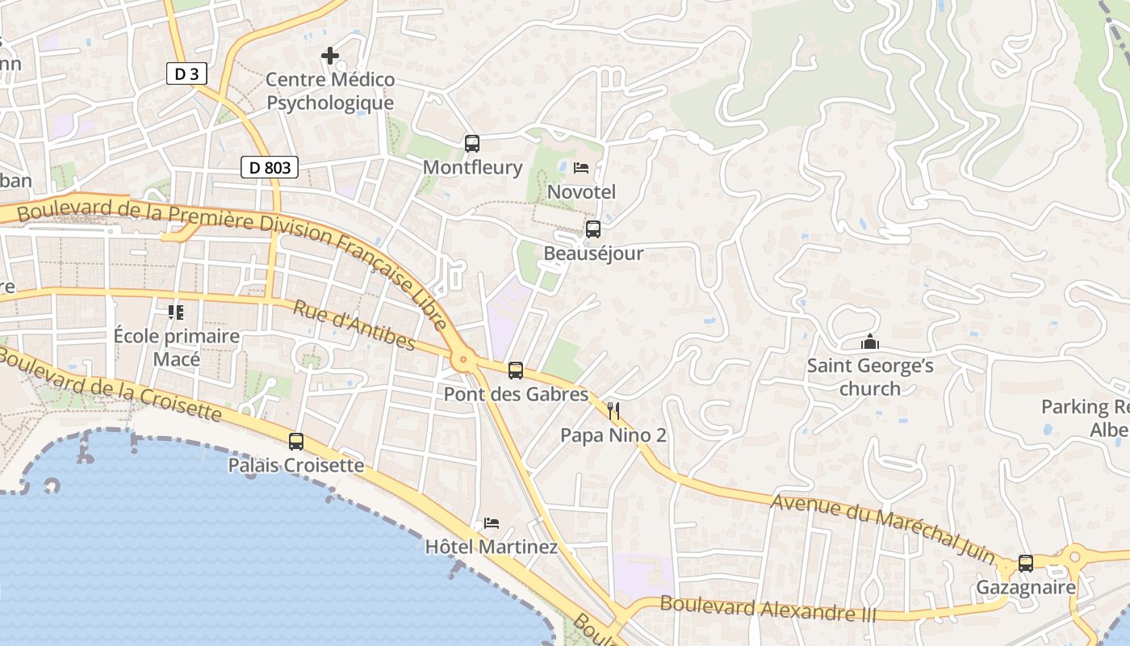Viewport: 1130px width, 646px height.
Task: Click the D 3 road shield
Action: click(x=186, y=74)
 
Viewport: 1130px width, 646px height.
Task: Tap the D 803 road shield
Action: click(x=270, y=168)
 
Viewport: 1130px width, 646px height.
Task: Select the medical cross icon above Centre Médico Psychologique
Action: click(x=330, y=56)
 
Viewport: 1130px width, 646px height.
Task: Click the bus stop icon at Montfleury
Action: click(x=472, y=144)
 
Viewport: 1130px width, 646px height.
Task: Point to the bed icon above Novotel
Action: click(x=581, y=168)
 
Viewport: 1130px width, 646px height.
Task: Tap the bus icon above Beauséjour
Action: click(x=593, y=229)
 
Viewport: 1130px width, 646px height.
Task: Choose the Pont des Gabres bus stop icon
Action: click(x=516, y=371)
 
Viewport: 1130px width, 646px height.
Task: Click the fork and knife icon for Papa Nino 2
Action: click(x=613, y=411)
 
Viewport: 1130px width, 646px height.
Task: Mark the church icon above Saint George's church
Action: click(x=870, y=342)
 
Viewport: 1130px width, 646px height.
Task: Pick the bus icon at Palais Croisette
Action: click(x=296, y=442)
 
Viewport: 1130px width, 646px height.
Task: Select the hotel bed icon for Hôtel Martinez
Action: click(x=492, y=523)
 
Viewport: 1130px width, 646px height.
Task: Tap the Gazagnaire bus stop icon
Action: click(x=1026, y=563)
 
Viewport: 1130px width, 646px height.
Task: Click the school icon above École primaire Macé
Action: click(x=176, y=312)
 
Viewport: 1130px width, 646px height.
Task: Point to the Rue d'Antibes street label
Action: click(x=354, y=325)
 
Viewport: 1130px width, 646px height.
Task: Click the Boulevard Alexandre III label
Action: click(x=768, y=608)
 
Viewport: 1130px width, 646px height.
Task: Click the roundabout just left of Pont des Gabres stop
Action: click(x=463, y=361)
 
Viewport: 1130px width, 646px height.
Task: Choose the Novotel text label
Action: click(x=581, y=191)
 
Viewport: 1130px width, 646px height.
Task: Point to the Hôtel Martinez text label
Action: click(x=492, y=547)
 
